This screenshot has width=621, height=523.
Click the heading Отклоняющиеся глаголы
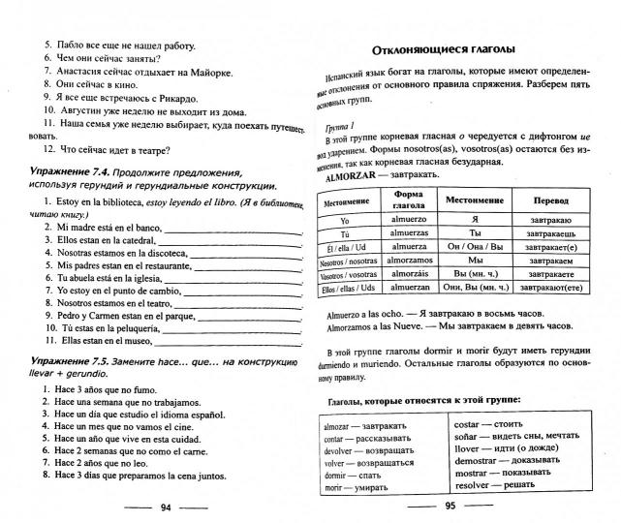443,49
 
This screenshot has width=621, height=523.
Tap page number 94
166,507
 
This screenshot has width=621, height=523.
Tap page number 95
450,507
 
